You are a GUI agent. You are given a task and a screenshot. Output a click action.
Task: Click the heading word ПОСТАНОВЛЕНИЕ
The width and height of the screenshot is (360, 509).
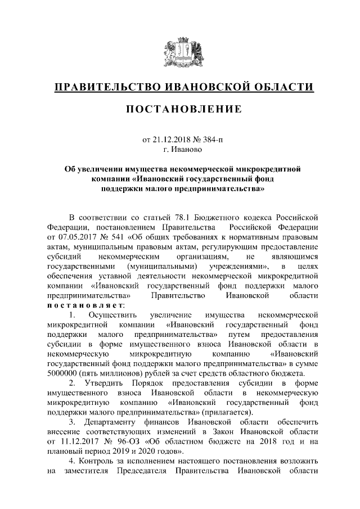(x=179, y=109)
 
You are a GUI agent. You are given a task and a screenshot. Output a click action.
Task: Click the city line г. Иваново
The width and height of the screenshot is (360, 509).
(x=179, y=150)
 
